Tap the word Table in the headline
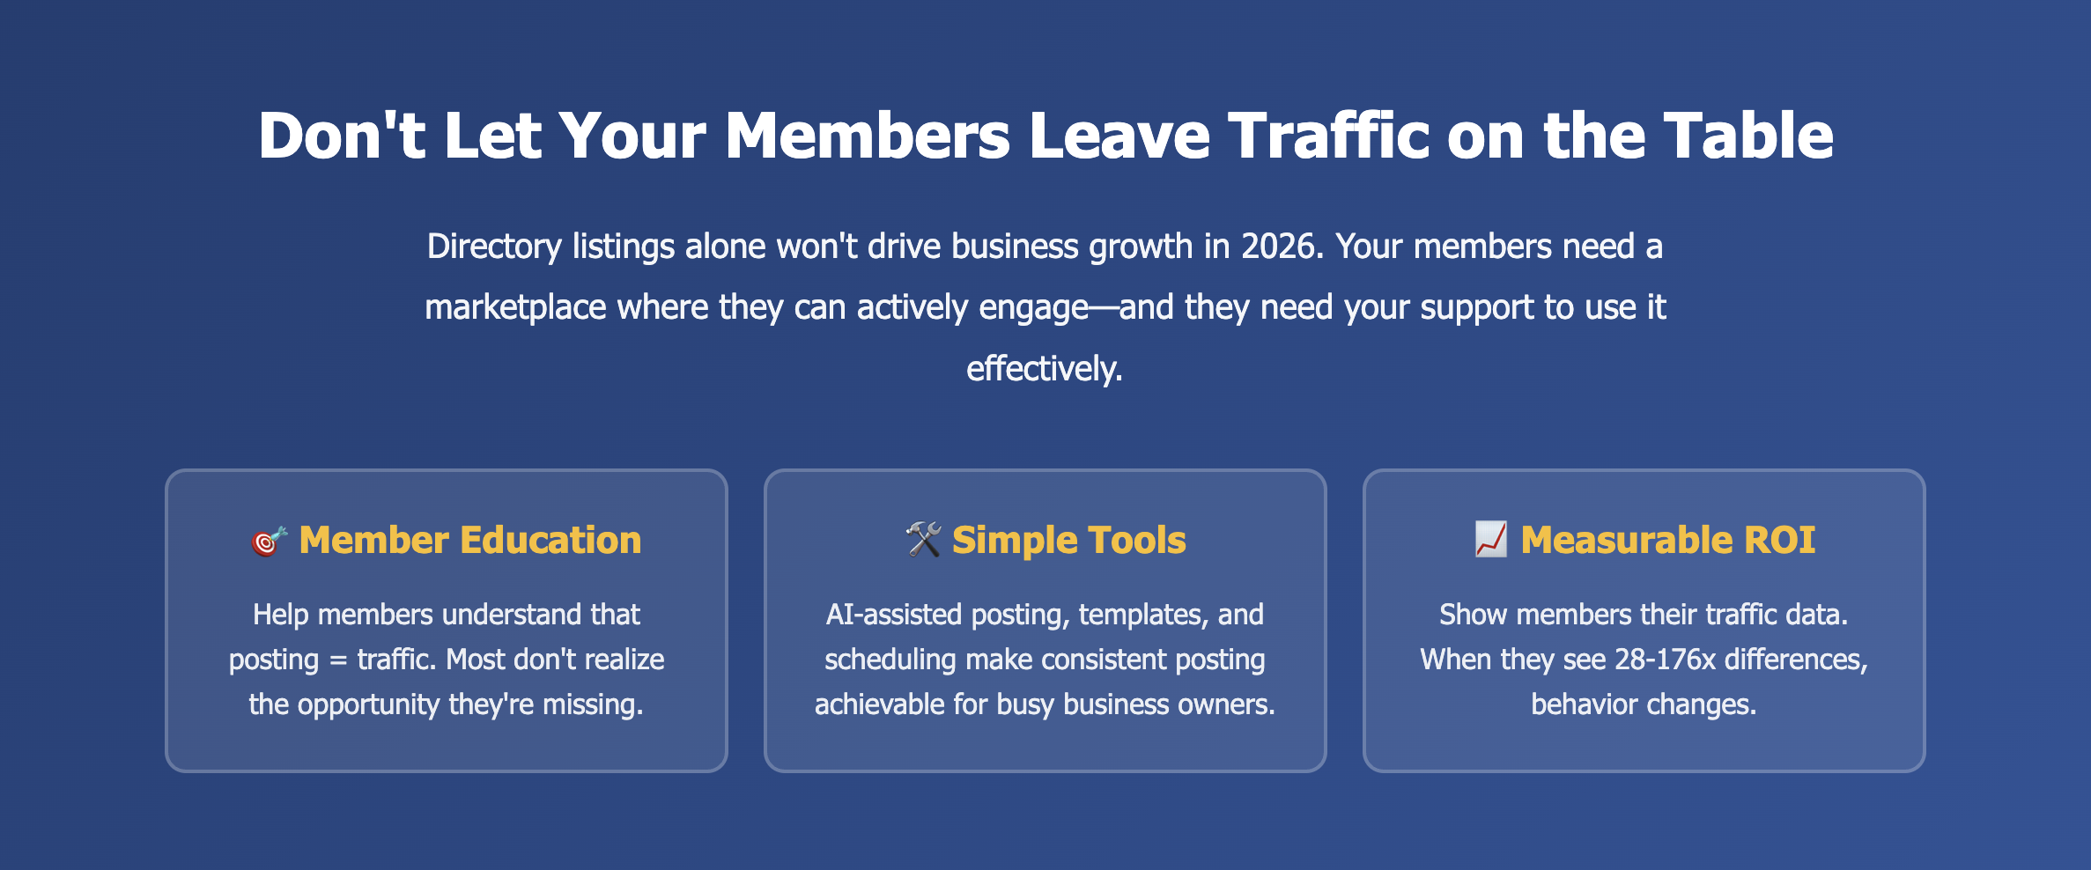[x=1748, y=136]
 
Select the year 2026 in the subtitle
[x=1282, y=247]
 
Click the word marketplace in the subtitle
[x=515, y=308]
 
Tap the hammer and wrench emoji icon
[x=924, y=540]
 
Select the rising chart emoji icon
[x=1491, y=539]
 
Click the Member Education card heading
[x=470, y=540]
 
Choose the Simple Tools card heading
[x=1069, y=541]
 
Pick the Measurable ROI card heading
[x=1668, y=540]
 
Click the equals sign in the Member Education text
[x=338, y=660]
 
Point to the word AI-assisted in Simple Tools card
[x=894, y=615]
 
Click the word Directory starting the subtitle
[x=494, y=247]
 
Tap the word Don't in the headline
[x=343, y=136]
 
